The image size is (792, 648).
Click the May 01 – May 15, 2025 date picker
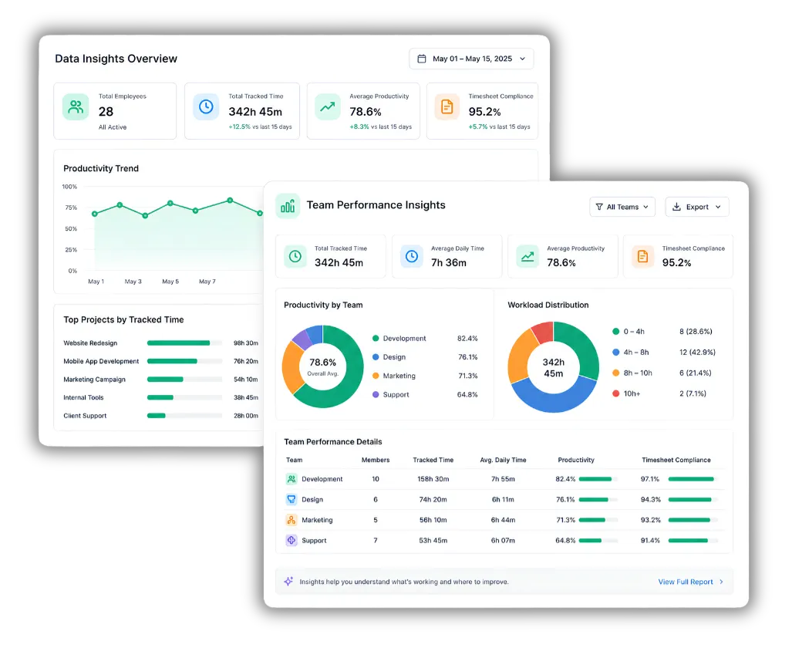(x=471, y=59)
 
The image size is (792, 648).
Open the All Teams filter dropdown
(x=622, y=207)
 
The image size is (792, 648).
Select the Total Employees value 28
(x=106, y=112)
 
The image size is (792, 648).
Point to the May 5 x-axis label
(x=170, y=282)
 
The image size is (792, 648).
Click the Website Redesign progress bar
(x=184, y=343)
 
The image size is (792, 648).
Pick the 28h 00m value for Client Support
(x=245, y=416)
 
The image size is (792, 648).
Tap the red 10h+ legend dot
(x=615, y=393)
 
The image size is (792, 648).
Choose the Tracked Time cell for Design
(x=433, y=499)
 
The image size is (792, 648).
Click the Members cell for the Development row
(x=376, y=479)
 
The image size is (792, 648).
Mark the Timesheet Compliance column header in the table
(x=676, y=460)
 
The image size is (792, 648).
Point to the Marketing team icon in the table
(x=292, y=520)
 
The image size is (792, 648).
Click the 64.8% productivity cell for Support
(x=565, y=540)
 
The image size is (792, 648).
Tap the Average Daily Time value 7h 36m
(x=449, y=263)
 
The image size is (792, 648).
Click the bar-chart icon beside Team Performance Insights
(x=288, y=206)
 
